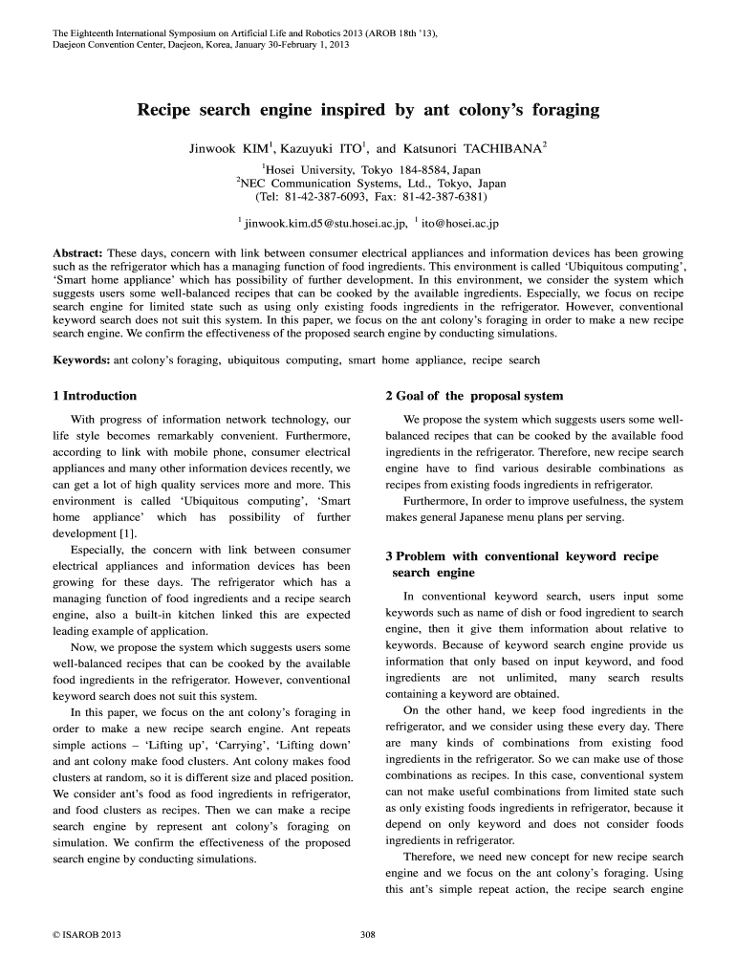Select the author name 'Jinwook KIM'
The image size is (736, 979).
click(x=229, y=149)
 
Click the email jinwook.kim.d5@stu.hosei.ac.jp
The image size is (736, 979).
click(x=326, y=224)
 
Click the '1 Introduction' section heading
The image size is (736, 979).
click(x=95, y=396)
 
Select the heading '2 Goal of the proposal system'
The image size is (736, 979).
click(x=474, y=396)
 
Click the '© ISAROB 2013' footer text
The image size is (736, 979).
click(x=90, y=933)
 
